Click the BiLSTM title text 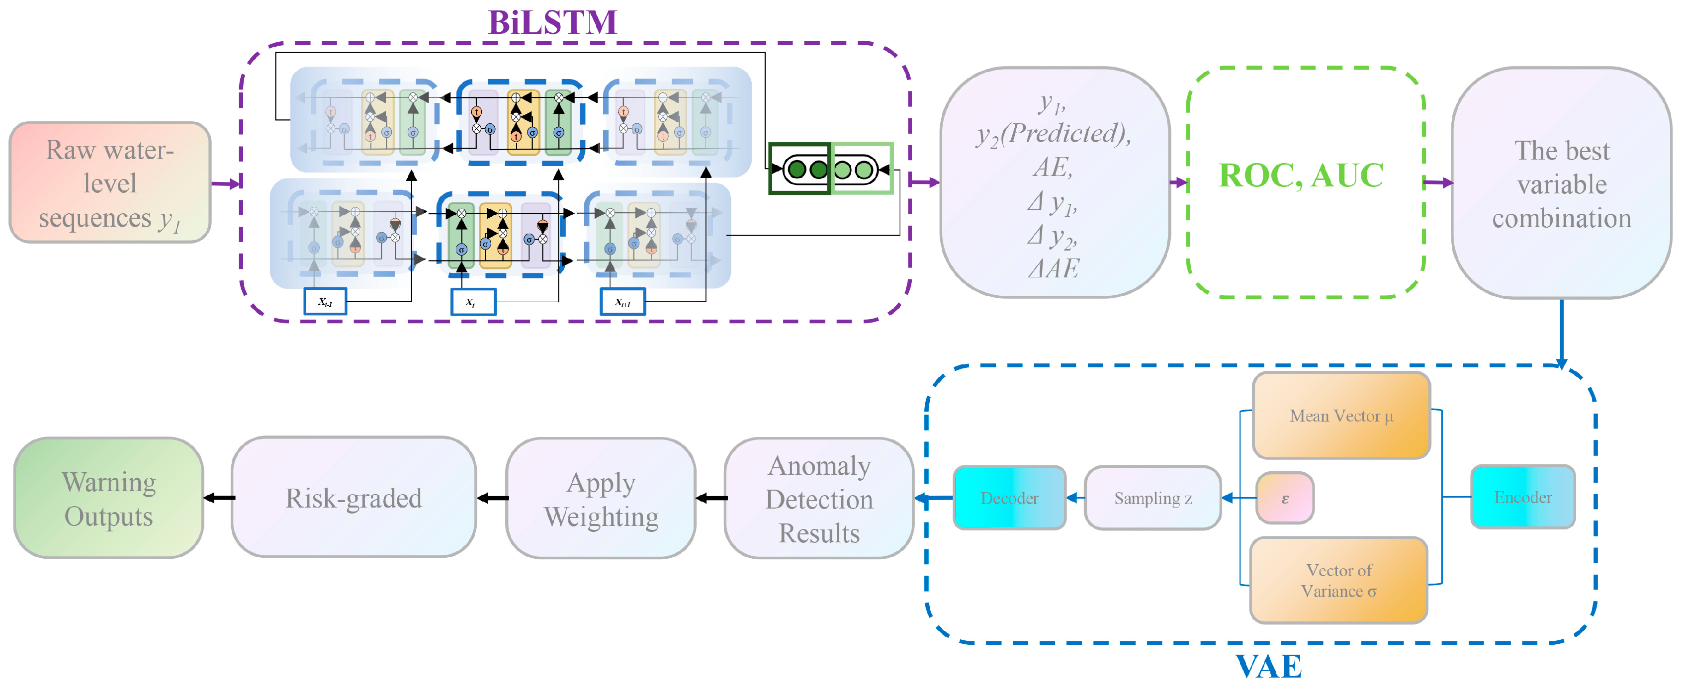[552, 22]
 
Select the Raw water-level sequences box [110, 183]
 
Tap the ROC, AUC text [1301, 175]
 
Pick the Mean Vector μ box [1341, 416]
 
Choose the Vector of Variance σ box [1338, 580]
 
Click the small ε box [1285, 498]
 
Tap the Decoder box [1009, 498]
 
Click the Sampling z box [1152, 498]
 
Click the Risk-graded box [353, 498]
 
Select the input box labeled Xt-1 [325, 302]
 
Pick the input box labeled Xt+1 [622, 302]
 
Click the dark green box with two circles [800, 169]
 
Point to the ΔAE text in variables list [1053, 268]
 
